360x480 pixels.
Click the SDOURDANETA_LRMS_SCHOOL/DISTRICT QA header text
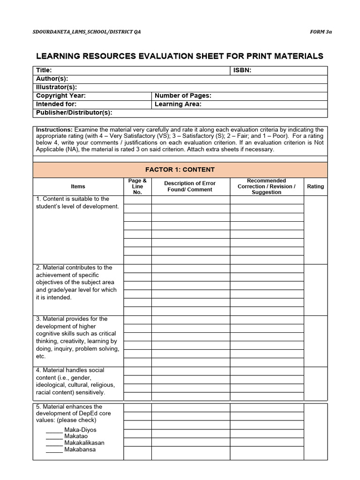tap(86, 31)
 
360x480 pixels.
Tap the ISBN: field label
tap(242, 70)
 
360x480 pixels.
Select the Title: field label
tap(44, 70)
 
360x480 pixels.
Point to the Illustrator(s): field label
tap(56, 87)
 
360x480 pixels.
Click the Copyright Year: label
tap(61, 96)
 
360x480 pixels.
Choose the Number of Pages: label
tap(183, 96)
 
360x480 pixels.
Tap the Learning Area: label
tap(178, 104)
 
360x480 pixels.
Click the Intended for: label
tap(56, 104)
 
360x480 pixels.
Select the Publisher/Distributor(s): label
tap(74, 112)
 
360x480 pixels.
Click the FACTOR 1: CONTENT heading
tap(180, 170)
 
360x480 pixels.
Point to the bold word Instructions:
tap(54, 129)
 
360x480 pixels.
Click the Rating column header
tap(315, 187)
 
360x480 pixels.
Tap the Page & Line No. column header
tap(137, 187)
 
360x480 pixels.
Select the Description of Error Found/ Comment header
tap(190, 187)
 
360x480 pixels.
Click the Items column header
tap(78, 187)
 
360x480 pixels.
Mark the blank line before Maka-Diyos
tap(54, 430)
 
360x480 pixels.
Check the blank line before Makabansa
tap(54, 450)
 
